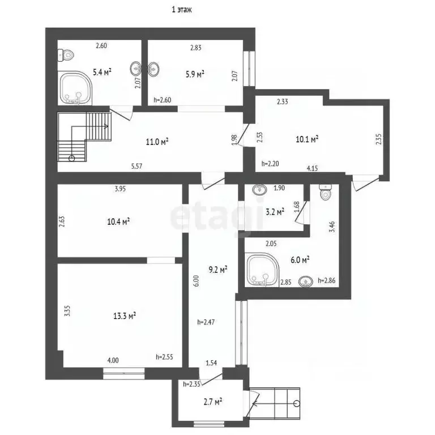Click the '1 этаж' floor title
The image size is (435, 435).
tap(182, 10)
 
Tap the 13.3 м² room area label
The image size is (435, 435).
tap(125, 315)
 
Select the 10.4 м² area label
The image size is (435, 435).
tap(118, 221)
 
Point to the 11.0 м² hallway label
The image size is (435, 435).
tap(157, 142)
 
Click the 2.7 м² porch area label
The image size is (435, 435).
tap(213, 402)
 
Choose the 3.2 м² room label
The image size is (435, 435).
tap(275, 212)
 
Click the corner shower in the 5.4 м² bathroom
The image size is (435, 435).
tap(75, 88)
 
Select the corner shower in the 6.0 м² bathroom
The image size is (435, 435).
tap(262, 270)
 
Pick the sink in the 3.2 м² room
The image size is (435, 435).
tap(259, 190)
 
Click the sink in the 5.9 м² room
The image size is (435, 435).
tap(153, 69)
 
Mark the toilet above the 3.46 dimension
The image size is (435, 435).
tap(326, 191)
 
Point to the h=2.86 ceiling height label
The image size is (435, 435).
tap(326, 280)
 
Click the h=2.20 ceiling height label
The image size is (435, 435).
tap(270, 164)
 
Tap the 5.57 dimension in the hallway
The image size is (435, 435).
tap(137, 166)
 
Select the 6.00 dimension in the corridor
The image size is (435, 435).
tap(196, 281)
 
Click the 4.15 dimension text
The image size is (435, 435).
tap(313, 168)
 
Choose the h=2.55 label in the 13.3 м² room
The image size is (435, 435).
tap(164, 357)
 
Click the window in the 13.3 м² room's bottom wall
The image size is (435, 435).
tap(124, 373)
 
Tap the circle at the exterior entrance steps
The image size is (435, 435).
tap(297, 403)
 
